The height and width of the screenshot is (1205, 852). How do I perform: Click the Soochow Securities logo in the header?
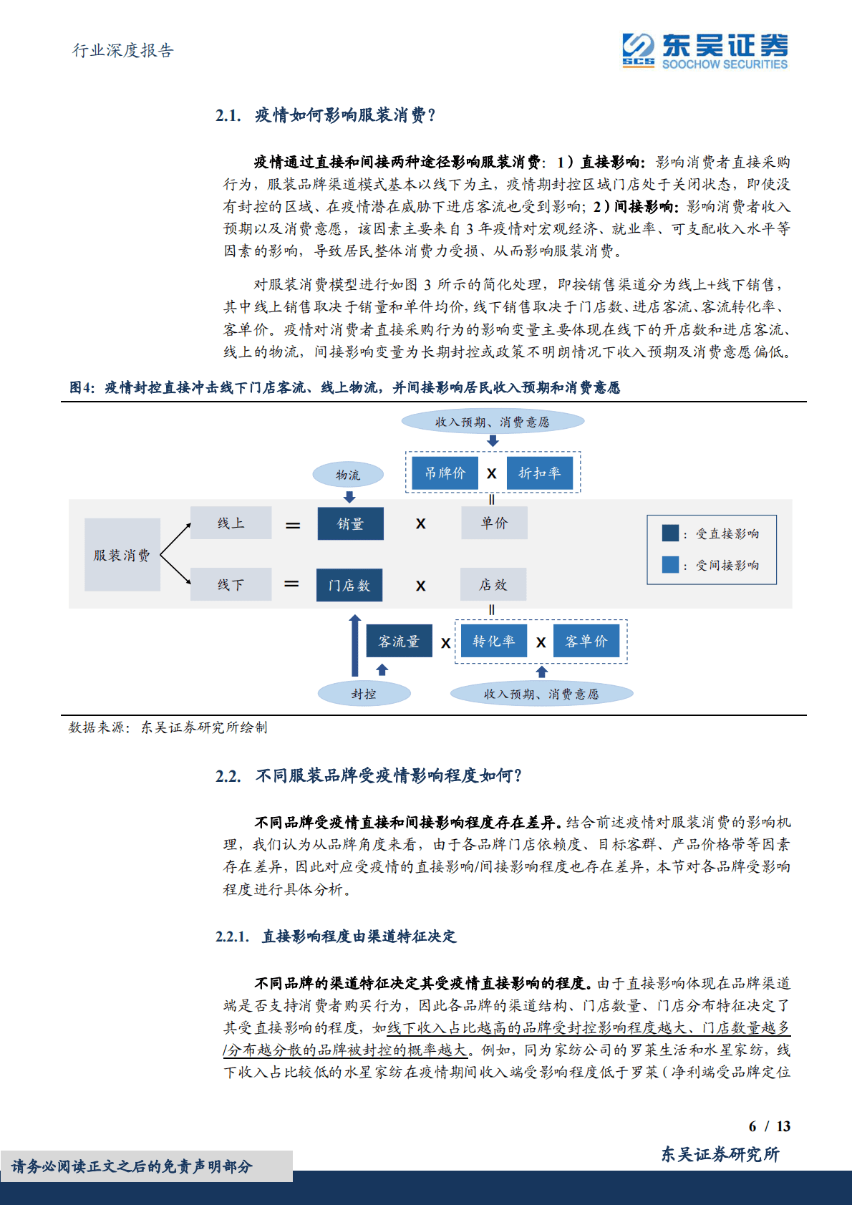pyautogui.click(x=705, y=51)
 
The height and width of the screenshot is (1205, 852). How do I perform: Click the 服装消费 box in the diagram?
pyautogui.click(x=122, y=555)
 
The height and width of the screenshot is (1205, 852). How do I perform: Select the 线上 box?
pyautogui.click(x=231, y=523)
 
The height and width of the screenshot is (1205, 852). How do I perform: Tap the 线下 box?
pyautogui.click(x=231, y=584)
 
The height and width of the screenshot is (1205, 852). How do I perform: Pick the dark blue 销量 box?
pyautogui.click(x=350, y=523)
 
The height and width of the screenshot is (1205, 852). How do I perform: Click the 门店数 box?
pyautogui.click(x=349, y=585)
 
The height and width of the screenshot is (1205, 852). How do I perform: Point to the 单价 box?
pyautogui.click(x=494, y=523)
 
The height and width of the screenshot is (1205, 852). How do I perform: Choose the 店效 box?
pyautogui.click(x=493, y=584)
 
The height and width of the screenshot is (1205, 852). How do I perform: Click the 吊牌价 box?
pyautogui.click(x=445, y=473)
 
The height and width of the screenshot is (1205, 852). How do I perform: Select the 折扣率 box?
pyautogui.click(x=540, y=473)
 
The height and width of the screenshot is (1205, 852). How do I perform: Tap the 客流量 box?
pyautogui.click(x=399, y=641)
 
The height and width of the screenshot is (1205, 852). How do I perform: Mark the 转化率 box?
pyautogui.click(x=493, y=641)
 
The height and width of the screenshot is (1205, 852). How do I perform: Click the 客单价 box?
pyautogui.click(x=586, y=641)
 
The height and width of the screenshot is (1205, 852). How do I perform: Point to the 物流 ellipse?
pyautogui.click(x=348, y=475)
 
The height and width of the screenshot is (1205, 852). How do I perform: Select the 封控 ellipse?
pyautogui.click(x=364, y=693)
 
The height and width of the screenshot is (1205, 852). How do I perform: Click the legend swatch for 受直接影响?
pyautogui.click(x=670, y=533)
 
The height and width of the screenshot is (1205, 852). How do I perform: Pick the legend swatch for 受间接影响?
pyautogui.click(x=670, y=565)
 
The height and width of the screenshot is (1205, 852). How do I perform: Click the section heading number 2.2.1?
pyautogui.click(x=232, y=937)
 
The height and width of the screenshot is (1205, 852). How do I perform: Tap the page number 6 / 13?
pyautogui.click(x=769, y=1126)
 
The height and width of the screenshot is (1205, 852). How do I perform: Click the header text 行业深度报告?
pyautogui.click(x=123, y=50)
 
